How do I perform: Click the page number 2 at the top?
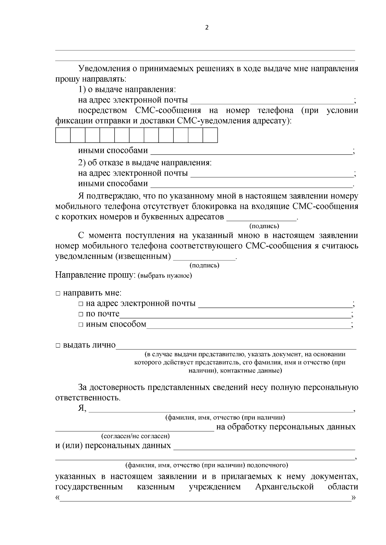(x=207, y=28)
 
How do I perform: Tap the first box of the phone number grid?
(x=63, y=135)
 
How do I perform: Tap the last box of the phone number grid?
(x=210, y=135)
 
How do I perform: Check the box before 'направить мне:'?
(x=58, y=293)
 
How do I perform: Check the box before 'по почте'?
(x=81, y=314)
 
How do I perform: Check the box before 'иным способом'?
(x=81, y=325)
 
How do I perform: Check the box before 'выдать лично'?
(x=58, y=346)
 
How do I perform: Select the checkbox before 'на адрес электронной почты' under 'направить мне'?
(x=81, y=304)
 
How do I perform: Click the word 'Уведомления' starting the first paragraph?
(x=104, y=69)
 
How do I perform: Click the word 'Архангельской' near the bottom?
(x=284, y=487)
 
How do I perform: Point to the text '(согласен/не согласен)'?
(x=135, y=436)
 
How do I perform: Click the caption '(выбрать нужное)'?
(x=165, y=276)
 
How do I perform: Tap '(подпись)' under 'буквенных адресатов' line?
(x=264, y=226)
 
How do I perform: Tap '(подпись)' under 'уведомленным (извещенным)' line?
(x=205, y=265)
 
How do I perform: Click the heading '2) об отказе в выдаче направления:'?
(x=145, y=163)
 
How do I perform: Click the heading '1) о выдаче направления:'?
(x=127, y=90)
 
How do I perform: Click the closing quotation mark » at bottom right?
(x=354, y=498)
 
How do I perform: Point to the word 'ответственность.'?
(x=88, y=398)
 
